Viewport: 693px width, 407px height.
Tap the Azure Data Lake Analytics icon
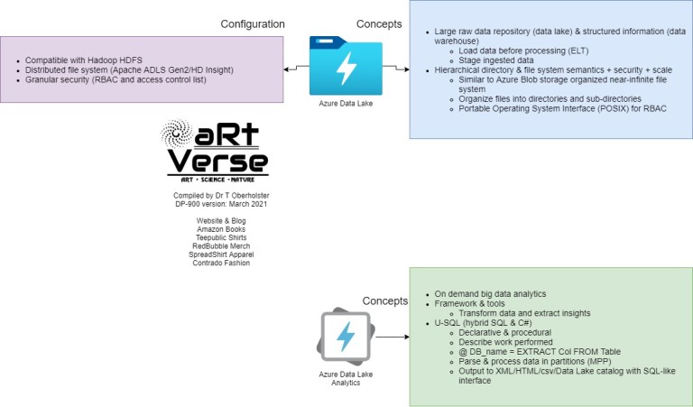point(345,336)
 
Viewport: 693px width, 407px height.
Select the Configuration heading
point(254,23)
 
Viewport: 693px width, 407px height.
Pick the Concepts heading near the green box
point(385,301)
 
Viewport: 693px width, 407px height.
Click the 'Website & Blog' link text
point(220,220)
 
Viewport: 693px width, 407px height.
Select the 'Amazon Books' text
point(220,229)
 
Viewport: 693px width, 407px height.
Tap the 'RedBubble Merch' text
point(220,246)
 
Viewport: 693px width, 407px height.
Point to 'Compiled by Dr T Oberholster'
point(220,195)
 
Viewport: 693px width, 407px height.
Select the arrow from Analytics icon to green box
point(390,338)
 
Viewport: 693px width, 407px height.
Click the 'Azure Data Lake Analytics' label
point(345,378)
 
